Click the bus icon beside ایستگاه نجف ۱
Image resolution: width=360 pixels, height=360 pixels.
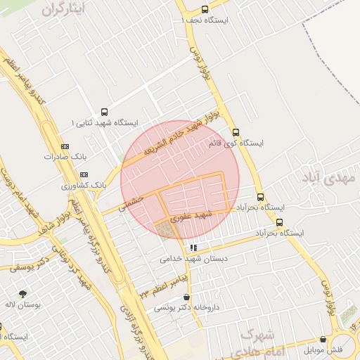click(x=205, y=10)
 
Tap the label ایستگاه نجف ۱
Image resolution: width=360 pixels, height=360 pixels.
click(x=205, y=20)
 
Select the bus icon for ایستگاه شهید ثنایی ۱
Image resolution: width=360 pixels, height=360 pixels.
click(x=105, y=112)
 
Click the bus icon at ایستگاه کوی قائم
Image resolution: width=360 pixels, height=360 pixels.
click(x=235, y=132)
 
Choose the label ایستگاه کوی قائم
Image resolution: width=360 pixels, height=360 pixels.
click(x=236, y=143)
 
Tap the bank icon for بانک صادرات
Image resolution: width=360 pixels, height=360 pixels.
click(x=65, y=146)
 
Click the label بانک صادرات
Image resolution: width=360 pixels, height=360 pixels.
click(x=68, y=156)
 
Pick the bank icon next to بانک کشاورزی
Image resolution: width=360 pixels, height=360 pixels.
click(x=84, y=174)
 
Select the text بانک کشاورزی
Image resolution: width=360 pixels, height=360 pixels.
click(x=84, y=186)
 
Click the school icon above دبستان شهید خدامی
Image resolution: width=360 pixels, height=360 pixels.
click(x=193, y=247)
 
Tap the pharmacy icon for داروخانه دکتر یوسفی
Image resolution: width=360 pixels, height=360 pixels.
click(x=186, y=297)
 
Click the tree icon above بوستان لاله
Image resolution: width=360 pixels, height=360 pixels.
click(x=23, y=294)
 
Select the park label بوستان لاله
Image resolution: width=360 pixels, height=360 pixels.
click(x=23, y=305)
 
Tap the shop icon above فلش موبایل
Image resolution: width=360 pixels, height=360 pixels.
click(x=323, y=339)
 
